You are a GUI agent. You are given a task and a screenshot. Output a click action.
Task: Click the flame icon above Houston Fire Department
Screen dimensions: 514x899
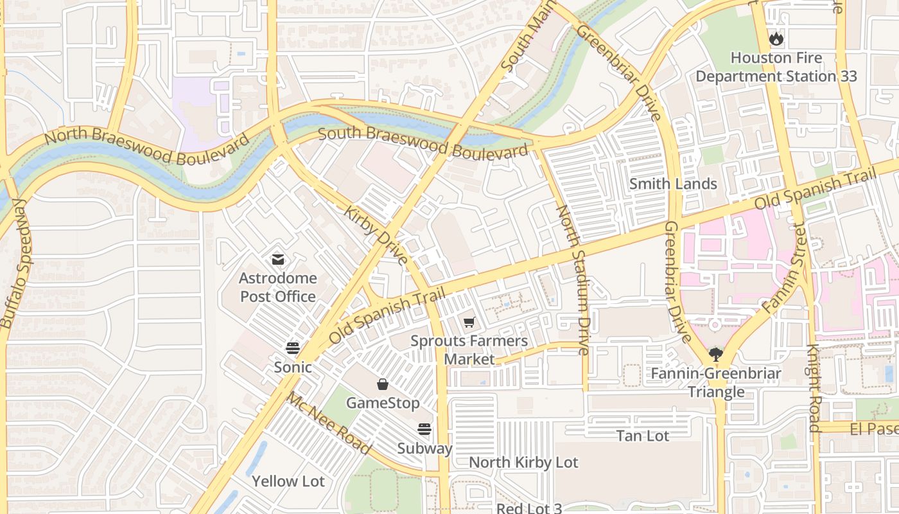(776, 39)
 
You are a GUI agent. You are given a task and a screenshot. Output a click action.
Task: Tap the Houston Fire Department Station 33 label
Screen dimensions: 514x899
(776, 67)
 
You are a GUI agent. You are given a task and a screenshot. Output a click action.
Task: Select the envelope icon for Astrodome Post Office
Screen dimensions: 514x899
(277, 260)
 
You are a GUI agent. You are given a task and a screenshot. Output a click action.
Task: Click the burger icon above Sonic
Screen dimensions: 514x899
(293, 348)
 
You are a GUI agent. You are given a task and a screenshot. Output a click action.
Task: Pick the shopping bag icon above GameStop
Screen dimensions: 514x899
(383, 384)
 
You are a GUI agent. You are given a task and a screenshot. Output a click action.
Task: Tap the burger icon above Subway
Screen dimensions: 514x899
(424, 429)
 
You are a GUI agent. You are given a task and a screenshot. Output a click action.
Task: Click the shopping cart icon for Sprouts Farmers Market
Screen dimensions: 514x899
(469, 322)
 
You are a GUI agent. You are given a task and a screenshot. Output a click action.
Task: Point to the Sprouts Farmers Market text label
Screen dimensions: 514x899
(469, 350)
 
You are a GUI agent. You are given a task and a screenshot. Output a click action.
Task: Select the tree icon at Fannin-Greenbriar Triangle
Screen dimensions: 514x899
(715, 353)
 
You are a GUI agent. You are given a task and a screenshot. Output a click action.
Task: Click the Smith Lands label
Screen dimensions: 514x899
(673, 184)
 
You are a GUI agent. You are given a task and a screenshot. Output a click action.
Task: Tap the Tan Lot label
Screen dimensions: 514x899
(643, 436)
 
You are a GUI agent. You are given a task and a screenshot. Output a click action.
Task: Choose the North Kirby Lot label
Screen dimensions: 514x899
(523, 462)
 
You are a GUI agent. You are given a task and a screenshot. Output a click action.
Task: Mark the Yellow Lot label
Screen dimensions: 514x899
(288, 481)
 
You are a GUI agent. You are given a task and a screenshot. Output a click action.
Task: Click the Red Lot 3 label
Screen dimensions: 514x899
(529, 508)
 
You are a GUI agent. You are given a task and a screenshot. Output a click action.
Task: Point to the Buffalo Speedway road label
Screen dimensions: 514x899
(16, 263)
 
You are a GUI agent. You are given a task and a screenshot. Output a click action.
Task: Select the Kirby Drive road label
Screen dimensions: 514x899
(376, 235)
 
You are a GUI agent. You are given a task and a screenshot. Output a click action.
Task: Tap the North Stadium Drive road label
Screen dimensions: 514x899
(573, 279)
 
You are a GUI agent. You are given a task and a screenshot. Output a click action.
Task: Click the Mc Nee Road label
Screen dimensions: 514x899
(328, 423)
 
